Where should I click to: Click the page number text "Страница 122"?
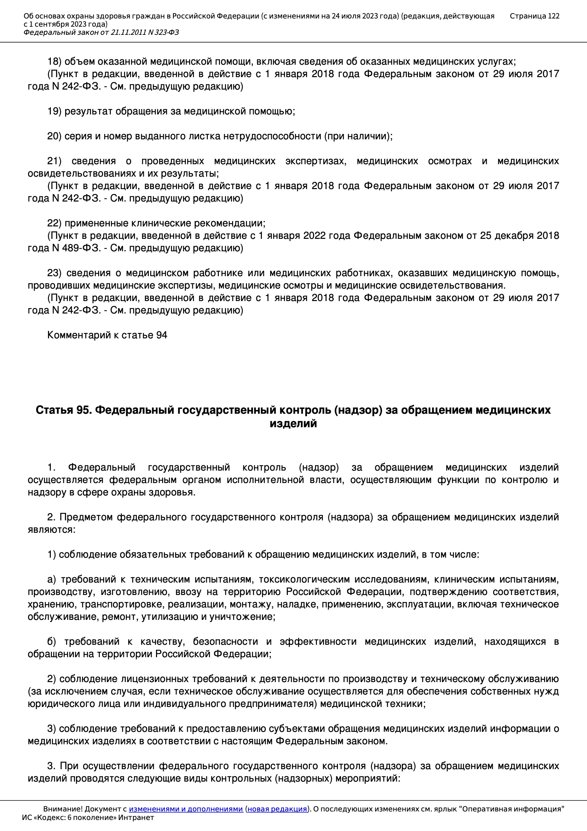(534, 16)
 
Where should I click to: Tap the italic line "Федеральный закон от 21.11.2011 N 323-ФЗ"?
(101, 33)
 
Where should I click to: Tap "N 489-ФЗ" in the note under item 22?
(76, 248)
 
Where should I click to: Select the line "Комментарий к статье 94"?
(107, 335)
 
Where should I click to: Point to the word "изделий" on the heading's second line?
(293, 423)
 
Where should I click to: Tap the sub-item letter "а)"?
(52, 579)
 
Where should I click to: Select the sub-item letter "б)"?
(52, 642)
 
